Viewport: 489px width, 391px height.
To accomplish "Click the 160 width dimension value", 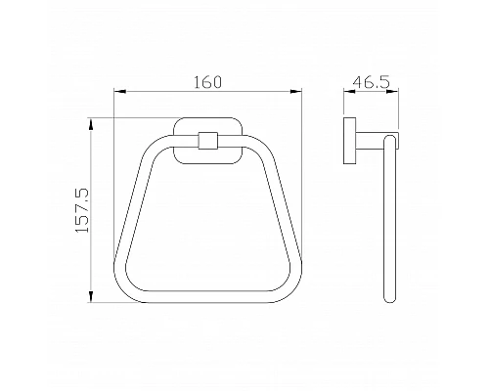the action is tap(207, 82).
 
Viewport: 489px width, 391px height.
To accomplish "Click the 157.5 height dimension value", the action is tap(82, 210).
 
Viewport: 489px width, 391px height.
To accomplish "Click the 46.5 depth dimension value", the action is tap(371, 81).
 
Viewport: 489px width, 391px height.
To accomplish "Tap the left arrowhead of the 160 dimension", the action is tap(119, 92).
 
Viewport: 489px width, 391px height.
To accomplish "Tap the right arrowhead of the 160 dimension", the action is tap(296, 92).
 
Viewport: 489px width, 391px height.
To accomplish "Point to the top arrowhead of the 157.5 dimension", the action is tap(91, 125).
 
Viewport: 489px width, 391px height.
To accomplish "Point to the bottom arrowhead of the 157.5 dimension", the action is tap(91, 296).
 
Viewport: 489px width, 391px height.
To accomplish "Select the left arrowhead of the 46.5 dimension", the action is tap(349, 92).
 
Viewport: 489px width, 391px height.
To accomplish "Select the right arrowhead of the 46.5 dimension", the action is tap(392, 92).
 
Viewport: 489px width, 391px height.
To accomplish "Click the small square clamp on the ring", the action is tap(208, 141).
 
